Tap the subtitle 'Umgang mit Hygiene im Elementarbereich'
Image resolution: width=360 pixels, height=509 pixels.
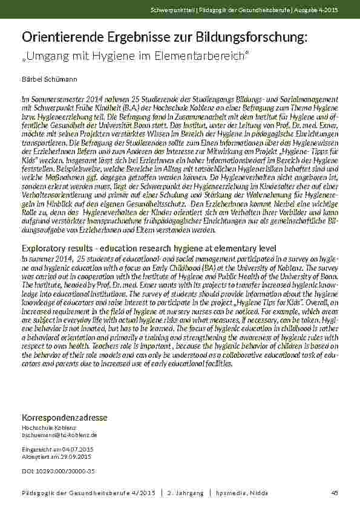coord(136,56)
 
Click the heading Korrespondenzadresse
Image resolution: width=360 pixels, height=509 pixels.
coord(64,418)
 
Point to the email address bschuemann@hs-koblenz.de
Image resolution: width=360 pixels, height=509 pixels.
coord(59,435)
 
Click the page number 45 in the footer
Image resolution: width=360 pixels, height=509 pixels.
coord(334,493)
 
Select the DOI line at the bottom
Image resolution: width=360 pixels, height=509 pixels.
coord(58,470)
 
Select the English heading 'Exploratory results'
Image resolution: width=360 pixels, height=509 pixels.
coord(60,248)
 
